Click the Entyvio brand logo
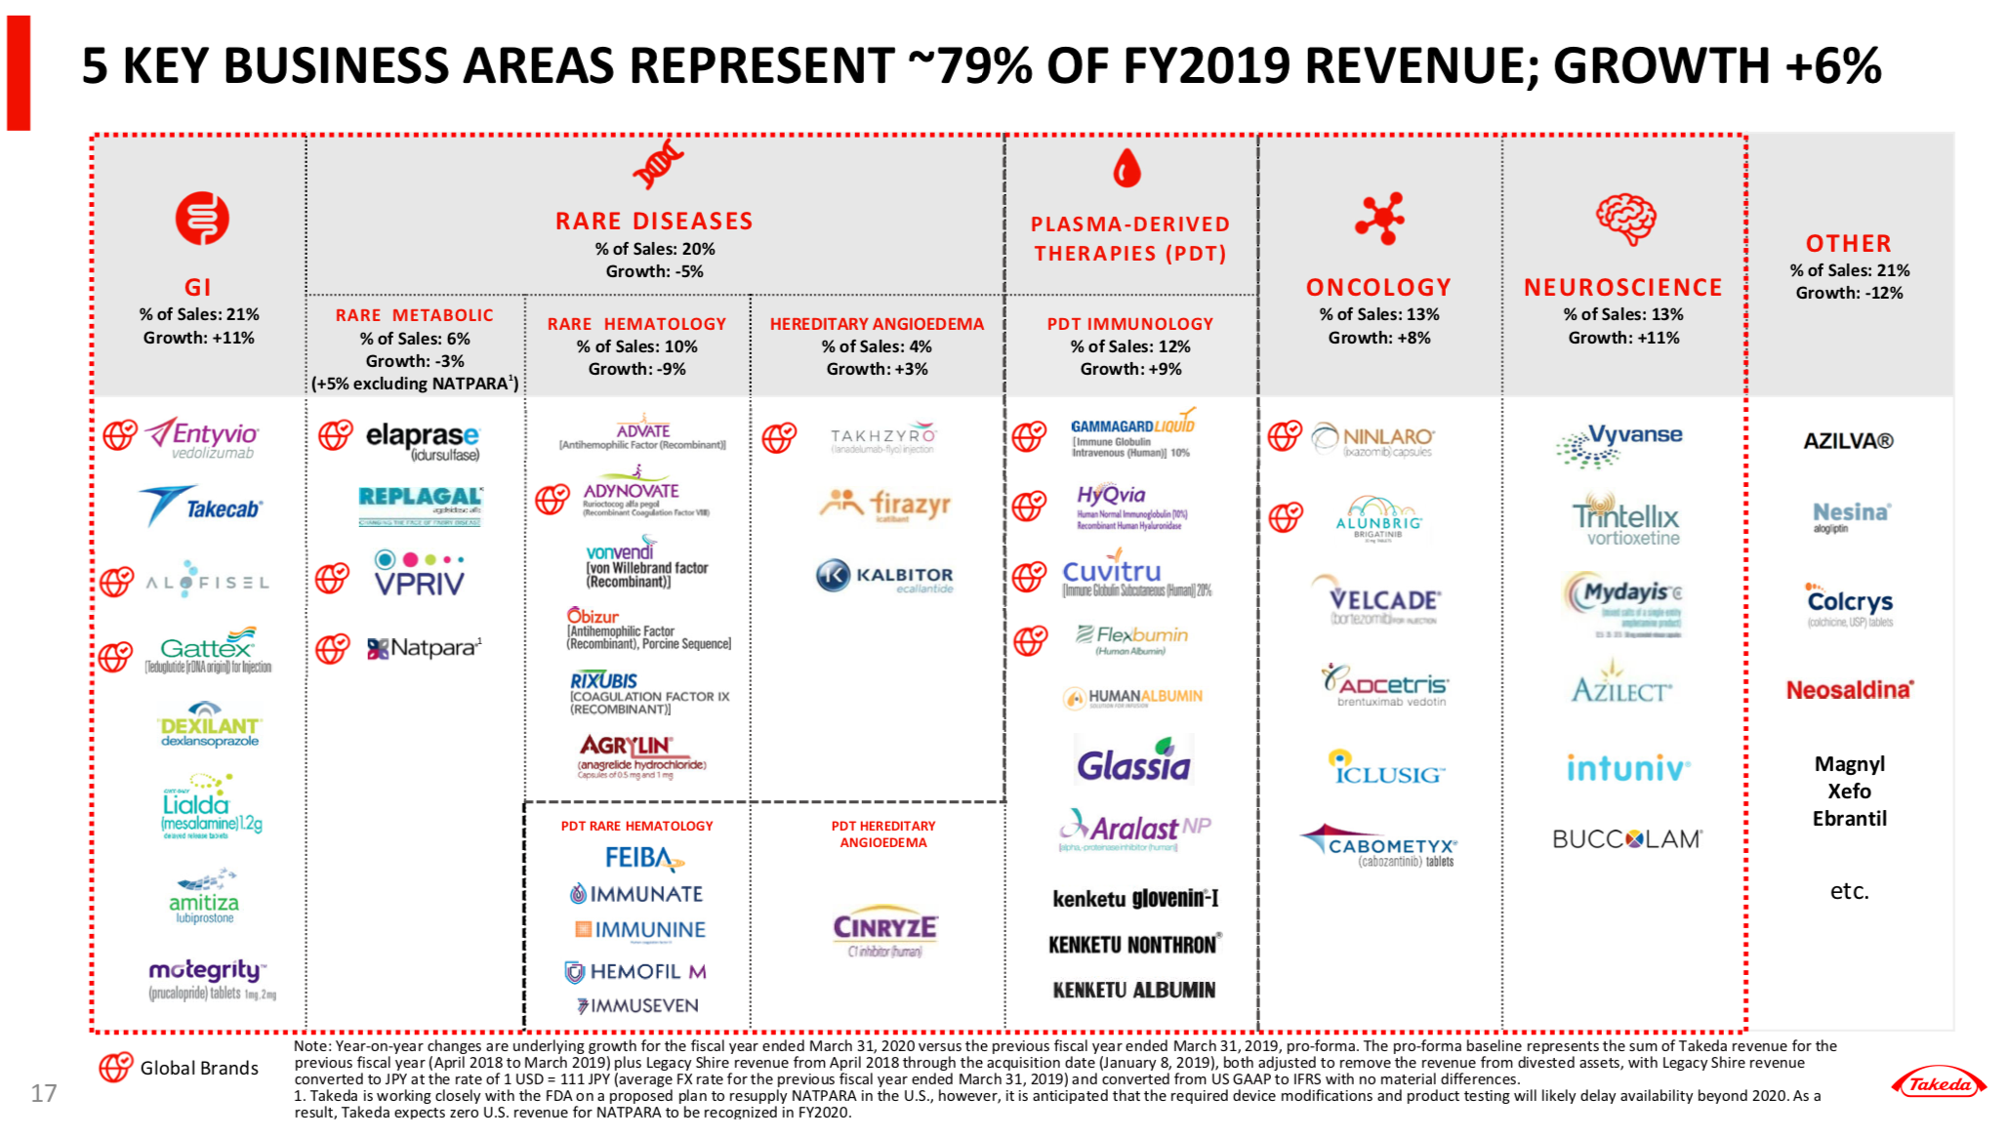(203, 437)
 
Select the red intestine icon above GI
(202, 218)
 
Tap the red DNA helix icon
(657, 163)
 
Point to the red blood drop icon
(1127, 168)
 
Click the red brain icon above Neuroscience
(1624, 218)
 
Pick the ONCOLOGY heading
(1378, 287)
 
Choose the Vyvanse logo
(1620, 444)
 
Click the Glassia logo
(1133, 763)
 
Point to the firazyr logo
(884, 505)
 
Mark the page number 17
(44, 1093)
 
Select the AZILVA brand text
(1848, 441)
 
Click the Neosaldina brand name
(1849, 690)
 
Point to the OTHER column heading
(1848, 243)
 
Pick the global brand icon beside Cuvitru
(1029, 577)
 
